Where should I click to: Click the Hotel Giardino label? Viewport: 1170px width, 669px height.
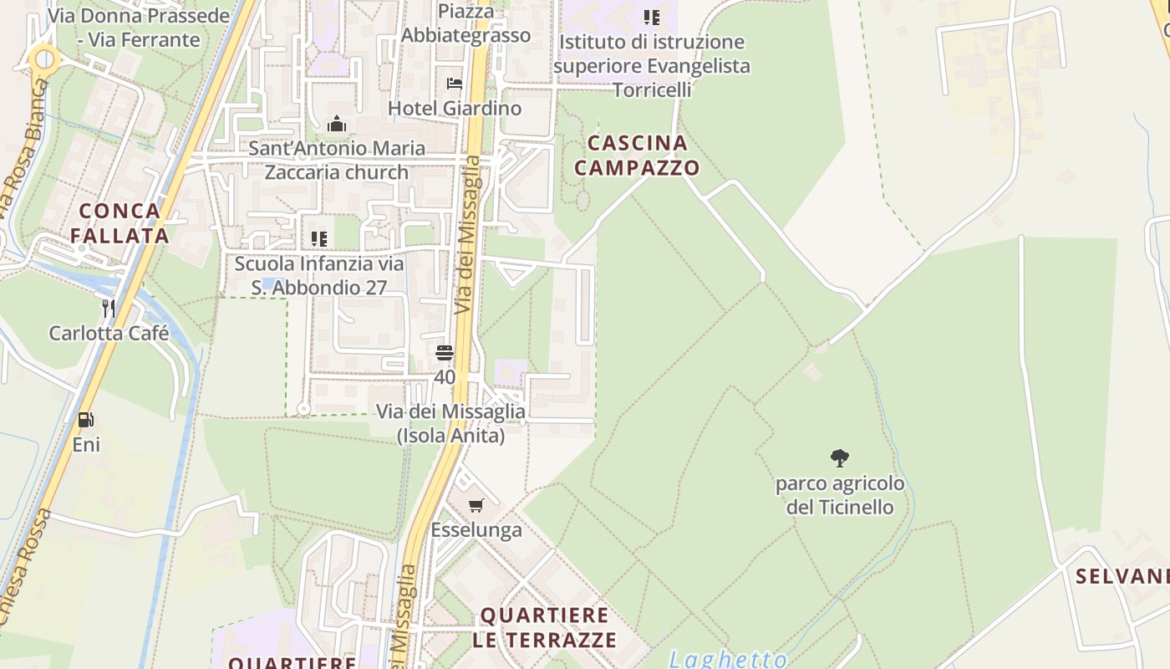click(x=455, y=108)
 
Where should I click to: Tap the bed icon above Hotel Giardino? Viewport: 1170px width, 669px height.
click(x=455, y=83)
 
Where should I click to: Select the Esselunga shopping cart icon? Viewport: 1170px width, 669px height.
click(x=476, y=505)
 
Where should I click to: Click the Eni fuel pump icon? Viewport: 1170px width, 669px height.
click(x=85, y=420)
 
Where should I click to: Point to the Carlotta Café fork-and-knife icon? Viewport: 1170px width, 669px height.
click(x=109, y=309)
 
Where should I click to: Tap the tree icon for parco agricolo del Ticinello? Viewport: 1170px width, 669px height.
click(x=840, y=458)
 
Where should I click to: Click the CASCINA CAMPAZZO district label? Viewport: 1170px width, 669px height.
click(x=637, y=156)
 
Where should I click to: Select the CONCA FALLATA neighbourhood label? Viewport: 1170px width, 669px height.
click(x=120, y=223)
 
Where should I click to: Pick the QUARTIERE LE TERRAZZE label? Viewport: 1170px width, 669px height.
click(x=544, y=628)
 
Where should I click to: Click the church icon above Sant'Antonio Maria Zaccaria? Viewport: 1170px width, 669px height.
click(x=337, y=125)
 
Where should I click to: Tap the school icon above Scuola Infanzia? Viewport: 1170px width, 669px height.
click(x=318, y=239)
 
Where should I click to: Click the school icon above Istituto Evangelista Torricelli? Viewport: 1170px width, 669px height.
click(x=652, y=17)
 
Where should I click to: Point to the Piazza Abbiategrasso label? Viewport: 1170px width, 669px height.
click(x=465, y=23)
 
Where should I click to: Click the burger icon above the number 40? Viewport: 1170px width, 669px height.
click(x=445, y=353)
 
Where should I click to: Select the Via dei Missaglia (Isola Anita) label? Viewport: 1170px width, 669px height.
click(x=450, y=423)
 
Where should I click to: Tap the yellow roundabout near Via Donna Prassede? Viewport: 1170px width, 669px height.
click(x=43, y=60)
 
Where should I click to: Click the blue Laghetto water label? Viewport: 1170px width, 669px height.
click(x=728, y=659)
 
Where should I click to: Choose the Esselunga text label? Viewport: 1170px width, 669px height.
click(x=476, y=529)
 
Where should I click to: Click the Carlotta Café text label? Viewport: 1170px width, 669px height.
click(x=109, y=333)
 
